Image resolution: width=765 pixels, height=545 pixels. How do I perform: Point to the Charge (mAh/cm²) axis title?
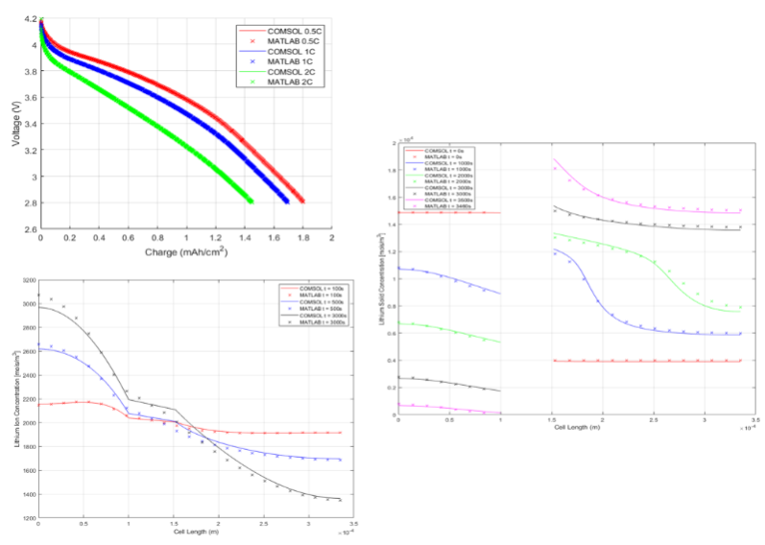[185, 252]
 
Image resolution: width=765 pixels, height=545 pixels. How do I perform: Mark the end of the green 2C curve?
[251, 201]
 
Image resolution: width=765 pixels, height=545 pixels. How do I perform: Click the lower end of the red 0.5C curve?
[302, 201]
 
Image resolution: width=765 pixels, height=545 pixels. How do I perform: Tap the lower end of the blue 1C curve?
[287, 201]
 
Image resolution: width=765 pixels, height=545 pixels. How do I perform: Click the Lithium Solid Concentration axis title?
[381, 278]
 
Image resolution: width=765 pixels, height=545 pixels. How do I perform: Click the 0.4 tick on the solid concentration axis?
[392, 361]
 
